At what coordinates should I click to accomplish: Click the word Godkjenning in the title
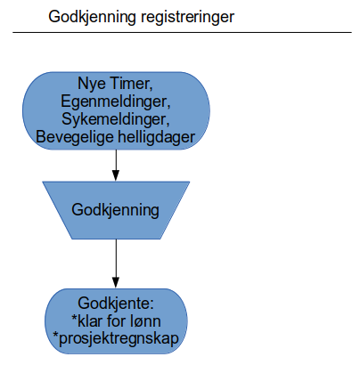92,18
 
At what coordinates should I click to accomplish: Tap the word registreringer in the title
188,18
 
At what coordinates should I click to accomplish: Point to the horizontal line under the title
182,32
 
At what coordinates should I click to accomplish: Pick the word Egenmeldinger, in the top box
116,101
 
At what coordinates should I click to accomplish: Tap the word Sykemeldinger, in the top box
116,119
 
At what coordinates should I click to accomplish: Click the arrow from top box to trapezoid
116,165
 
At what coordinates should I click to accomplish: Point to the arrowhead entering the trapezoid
116,175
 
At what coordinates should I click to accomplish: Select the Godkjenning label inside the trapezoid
115,211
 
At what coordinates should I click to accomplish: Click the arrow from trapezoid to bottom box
116,264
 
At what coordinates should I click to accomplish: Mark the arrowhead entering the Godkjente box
116,282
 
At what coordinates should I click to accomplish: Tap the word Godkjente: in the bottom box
116,304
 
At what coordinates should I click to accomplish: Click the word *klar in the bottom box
86,321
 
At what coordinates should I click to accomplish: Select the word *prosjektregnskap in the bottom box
116,339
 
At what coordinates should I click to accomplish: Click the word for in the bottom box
116,321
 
